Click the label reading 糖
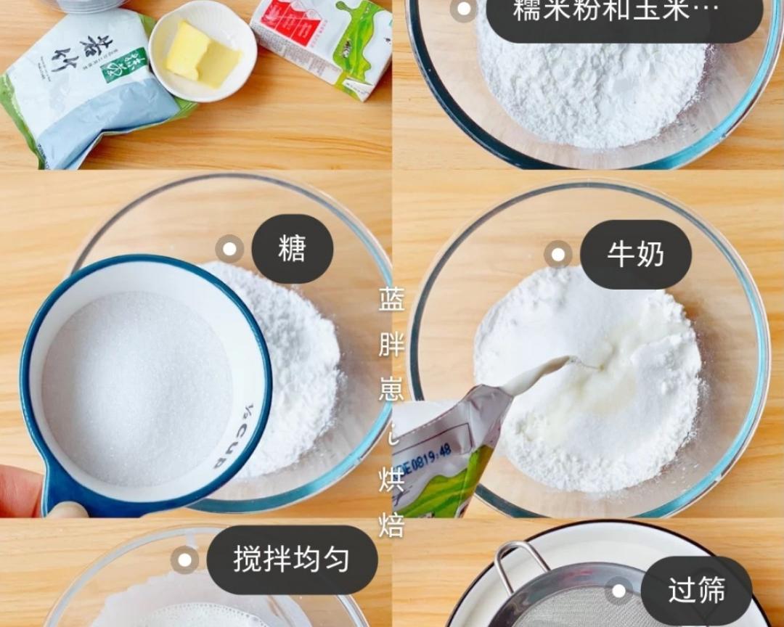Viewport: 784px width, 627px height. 292,249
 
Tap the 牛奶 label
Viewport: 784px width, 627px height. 635,255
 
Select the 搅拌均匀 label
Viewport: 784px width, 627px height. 292,560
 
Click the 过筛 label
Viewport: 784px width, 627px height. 696,591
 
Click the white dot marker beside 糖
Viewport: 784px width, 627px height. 229,249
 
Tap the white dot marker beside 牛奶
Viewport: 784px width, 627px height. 558,255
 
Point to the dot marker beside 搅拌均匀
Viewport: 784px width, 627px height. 184,560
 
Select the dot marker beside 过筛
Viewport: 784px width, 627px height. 618,591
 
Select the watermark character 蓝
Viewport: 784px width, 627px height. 391,299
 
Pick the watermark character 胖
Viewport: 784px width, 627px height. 391,345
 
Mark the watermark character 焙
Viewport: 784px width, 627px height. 391,525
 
